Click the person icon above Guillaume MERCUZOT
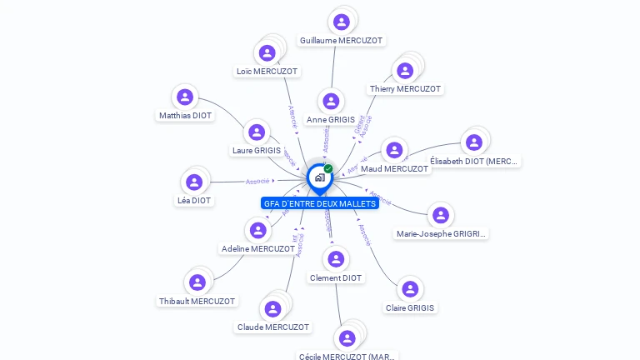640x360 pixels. point(341,22)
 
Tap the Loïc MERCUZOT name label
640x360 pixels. point(267,72)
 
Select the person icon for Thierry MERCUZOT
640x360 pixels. point(405,71)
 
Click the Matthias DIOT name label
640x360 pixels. point(185,116)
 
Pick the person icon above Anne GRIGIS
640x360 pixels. point(331,102)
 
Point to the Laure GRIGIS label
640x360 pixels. point(256,151)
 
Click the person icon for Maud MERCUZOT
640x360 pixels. point(393,151)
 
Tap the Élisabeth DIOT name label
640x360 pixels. point(474,161)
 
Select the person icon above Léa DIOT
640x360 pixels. point(194,182)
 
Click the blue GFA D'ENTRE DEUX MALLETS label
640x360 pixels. point(319,203)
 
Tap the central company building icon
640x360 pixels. point(319,177)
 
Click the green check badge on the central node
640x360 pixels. point(328,168)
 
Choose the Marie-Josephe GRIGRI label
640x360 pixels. point(441,234)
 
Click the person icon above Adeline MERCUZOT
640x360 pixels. point(257,230)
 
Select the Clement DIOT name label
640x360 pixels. point(336,278)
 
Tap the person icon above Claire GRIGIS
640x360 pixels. point(409,289)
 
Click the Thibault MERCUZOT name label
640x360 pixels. point(197,301)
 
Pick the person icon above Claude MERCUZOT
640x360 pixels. point(272,308)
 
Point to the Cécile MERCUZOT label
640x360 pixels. point(347,356)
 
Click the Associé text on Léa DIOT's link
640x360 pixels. point(257,181)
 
